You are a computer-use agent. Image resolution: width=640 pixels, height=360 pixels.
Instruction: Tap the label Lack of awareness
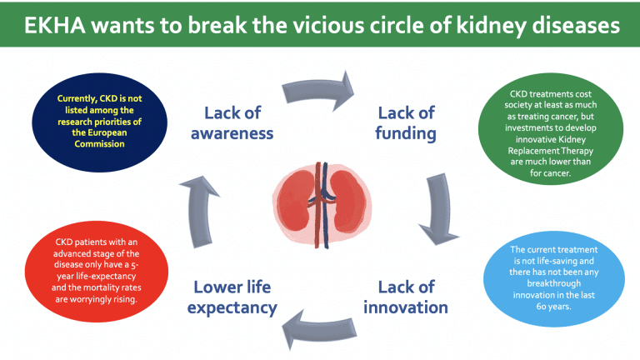pyautogui.click(x=232, y=122)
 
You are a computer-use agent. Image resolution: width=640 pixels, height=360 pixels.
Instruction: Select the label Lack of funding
pyautogui.click(x=406, y=122)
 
